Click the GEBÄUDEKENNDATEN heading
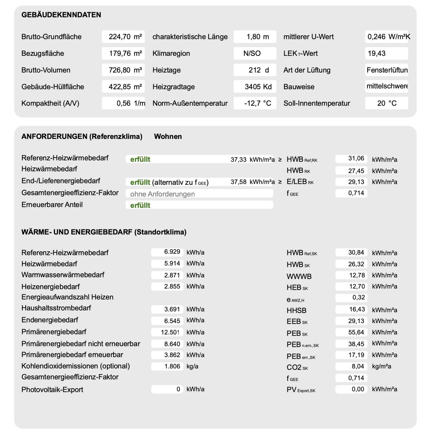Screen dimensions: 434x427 pos(61,15)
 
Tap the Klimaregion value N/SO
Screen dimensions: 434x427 pos(252,53)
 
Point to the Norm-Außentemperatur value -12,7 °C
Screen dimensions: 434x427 pos(257,103)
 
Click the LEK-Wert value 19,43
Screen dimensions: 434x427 pos(377,53)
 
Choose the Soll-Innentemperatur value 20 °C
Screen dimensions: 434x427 pos(387,103)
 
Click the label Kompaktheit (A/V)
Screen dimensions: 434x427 pos(50,103)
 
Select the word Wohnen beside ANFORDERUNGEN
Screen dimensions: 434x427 pos(168,136)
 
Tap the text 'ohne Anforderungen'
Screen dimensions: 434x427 pos(162,194)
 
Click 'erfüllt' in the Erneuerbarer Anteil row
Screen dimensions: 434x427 pos(140,205)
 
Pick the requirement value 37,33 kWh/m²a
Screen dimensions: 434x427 pos(253,159)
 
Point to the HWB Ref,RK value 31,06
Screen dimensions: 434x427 pos(356,158)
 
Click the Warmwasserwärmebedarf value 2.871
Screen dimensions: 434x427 pos(172,275)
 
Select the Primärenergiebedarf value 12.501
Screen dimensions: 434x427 pos(170,332)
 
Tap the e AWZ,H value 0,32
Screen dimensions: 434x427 pos(359,297)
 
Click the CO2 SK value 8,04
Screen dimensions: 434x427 pos(358,366)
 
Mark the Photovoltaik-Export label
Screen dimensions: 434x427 pos(52,390)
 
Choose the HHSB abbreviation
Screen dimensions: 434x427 pos(296,310)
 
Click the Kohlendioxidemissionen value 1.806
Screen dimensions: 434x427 pos(172,366)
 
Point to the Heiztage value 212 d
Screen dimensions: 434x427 pos(259,70)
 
